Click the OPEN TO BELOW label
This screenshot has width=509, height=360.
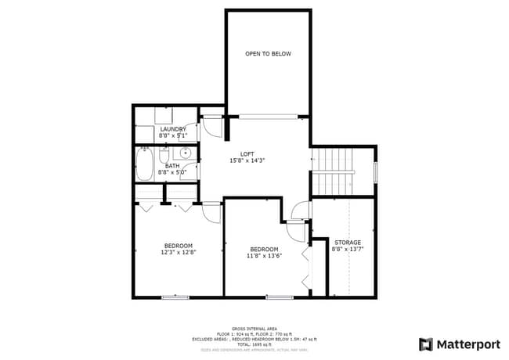(268, 54)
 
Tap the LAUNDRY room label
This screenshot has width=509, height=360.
(172, 129)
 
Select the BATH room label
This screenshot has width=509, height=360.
(171, 165)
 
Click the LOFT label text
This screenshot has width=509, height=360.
(247, 153)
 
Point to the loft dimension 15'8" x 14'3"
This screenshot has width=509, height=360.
(247, 160)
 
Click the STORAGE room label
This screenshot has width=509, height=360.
(348, 243)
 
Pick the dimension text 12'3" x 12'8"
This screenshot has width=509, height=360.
(179, 252)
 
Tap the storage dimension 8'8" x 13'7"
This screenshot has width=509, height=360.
(348, 250)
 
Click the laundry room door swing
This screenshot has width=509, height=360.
(211, 128)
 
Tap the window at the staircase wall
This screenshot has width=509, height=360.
(376, 171)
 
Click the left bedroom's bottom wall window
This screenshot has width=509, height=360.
(175, 297)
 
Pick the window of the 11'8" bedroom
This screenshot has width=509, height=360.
(279, 297)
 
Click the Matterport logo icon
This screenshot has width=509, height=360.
(426, 344)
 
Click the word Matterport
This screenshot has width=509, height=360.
(467, 344)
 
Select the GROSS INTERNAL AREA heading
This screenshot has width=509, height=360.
(254, 329)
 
